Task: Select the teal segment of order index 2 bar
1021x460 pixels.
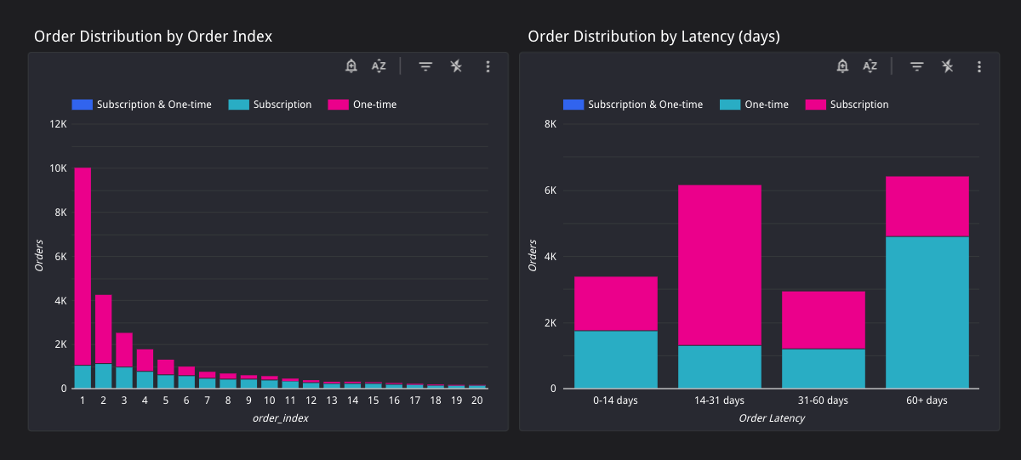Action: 103,376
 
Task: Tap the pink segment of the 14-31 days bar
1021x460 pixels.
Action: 719,264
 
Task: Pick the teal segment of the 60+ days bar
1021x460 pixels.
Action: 927,312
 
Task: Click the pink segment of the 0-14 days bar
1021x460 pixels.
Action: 616,304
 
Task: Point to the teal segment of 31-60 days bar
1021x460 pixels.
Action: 823,368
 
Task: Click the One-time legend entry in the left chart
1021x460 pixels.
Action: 363,105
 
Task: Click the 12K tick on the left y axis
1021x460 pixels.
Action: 59,124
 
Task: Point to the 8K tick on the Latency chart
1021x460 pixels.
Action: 550,124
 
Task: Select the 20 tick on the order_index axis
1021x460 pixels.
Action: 477,400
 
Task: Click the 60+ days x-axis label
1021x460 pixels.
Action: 927,400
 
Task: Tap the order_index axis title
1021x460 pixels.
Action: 279,417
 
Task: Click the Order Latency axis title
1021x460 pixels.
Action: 771,417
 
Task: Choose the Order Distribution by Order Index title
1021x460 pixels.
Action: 153,37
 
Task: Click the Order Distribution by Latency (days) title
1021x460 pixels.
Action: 653,37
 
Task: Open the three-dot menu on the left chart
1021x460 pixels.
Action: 488,66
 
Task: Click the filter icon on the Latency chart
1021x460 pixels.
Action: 916,66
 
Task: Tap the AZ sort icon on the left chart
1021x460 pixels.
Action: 379,66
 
